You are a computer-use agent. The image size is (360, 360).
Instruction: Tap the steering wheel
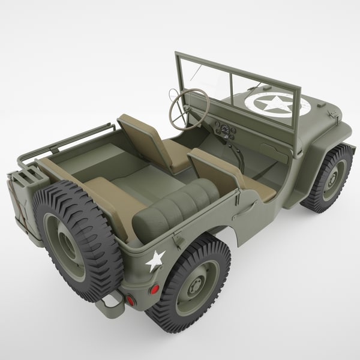(188, 109)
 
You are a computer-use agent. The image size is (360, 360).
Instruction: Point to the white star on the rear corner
(155, 260)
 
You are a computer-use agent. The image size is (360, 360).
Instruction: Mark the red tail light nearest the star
(154, 289)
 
